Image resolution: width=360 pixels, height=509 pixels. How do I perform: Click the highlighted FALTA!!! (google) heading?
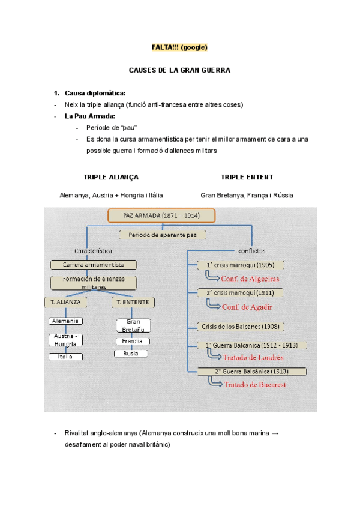(x=179, y=47)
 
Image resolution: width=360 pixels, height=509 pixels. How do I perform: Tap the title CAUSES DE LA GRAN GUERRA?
(x=179, y=70)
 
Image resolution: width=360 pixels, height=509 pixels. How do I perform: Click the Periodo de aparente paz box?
(x=163, y=235)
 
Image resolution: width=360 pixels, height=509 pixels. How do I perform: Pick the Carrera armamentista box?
(x=94, y=265)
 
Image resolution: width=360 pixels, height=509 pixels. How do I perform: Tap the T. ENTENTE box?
(x=133, y=303)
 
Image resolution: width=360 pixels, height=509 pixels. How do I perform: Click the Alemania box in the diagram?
(x=65, y=321)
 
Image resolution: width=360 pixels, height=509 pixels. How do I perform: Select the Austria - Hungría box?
(x=65, y=340)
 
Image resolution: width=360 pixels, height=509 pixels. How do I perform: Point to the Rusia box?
(x=131, y=354)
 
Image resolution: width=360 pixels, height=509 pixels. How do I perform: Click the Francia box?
(x=131, y=341)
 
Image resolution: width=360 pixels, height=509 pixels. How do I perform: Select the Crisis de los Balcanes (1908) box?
(x=240, y=327)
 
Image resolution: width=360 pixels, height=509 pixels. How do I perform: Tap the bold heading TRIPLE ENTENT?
(x=247, y=177)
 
